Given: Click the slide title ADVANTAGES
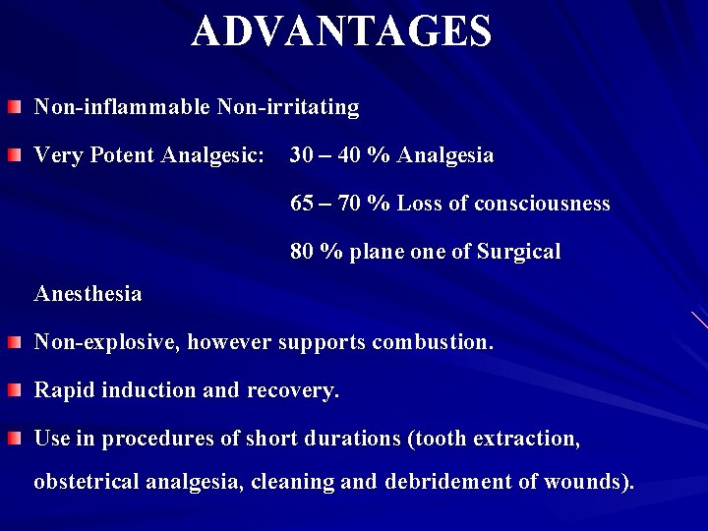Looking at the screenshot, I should click(342, 31).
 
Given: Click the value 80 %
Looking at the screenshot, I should click(313, 252).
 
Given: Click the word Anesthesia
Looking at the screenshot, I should click(88, 294).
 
